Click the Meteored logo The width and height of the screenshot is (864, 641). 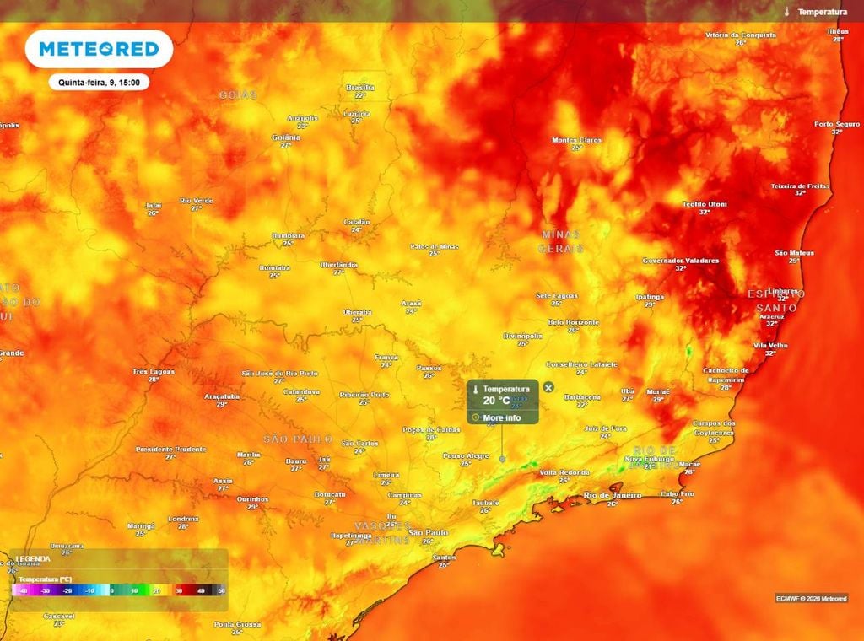99,49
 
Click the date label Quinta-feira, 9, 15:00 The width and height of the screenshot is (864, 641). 99,83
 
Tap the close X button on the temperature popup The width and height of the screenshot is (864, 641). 548,387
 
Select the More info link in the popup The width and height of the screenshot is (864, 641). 501,417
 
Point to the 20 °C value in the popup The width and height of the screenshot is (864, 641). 496,400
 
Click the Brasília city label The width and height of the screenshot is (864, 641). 359,88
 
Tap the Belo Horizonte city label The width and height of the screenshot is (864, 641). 573,322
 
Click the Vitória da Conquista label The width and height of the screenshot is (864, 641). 740,35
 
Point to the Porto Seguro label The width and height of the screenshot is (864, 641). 836,124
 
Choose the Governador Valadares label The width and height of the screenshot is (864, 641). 680,261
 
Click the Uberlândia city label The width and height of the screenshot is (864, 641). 338,265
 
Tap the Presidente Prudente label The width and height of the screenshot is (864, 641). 170,449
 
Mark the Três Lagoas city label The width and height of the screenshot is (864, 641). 153,371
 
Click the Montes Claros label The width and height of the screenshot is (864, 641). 577,140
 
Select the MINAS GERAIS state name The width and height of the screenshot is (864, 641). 561,240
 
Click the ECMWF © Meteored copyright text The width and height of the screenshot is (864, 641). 810,598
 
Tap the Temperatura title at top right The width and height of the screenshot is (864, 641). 822,12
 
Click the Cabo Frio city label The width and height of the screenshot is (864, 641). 676,493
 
